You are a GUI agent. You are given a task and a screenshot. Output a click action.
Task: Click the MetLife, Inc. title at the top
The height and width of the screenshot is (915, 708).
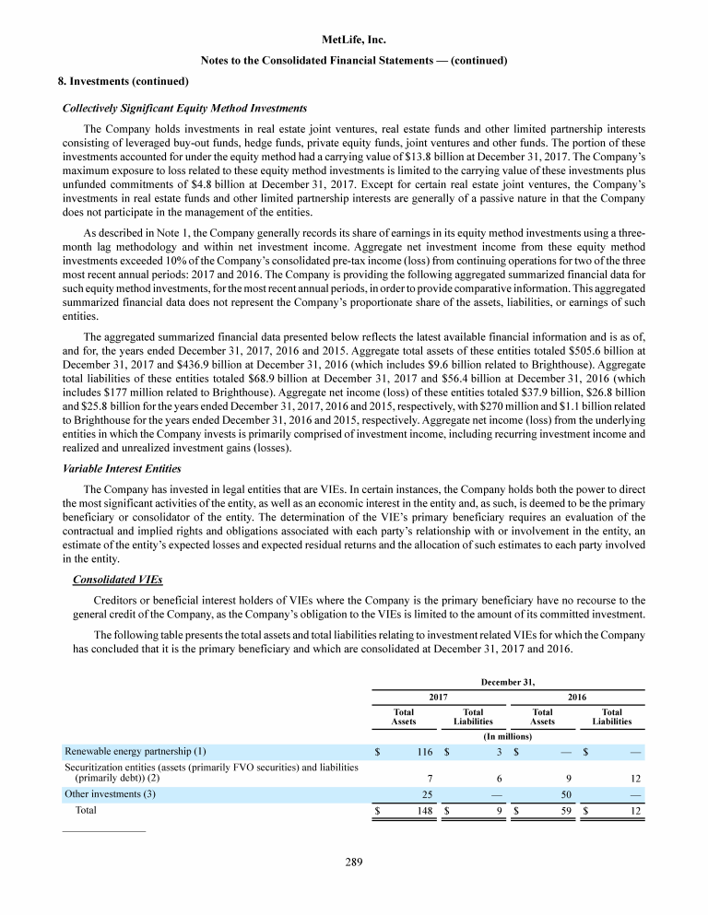click(x=354, y=41)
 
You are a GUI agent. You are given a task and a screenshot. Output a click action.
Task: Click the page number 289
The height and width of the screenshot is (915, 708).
click(x=354, y=862)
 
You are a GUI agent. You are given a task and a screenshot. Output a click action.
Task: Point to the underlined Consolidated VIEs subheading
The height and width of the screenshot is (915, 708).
click(x=117, y=580)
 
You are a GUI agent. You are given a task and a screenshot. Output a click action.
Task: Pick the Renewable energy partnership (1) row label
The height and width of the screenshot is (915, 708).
click(x=135, y=751)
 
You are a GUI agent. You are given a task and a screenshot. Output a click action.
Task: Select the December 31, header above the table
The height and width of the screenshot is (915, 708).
click(x=508, y=682)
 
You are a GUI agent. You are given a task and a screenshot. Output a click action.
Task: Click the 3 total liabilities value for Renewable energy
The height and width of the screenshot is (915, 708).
click(x=498, y=752)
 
